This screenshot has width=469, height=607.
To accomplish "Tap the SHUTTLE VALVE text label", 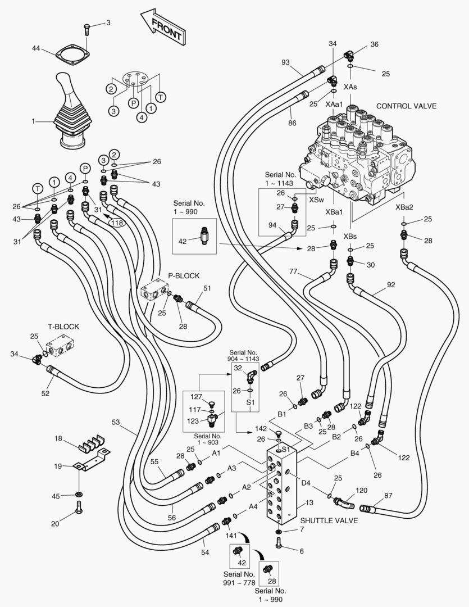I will (x=329, y=520).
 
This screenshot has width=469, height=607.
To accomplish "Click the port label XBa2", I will (x=404, y=207).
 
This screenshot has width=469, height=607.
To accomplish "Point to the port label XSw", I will (x=316, y=200).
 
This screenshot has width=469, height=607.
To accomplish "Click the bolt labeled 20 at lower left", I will (x=78, y=510).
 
